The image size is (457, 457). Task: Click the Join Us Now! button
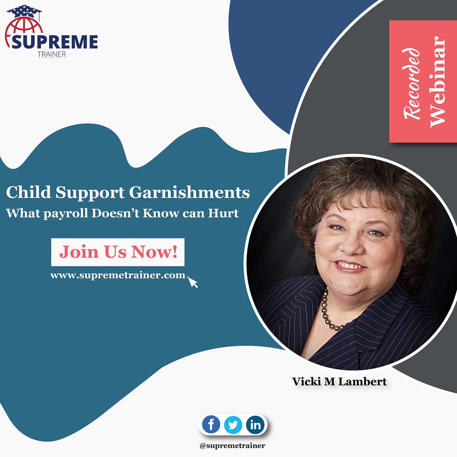(x=118, y=252)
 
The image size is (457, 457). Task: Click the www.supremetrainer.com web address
(x=117, y=275)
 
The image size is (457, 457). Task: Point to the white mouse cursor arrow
(x=193, y=283)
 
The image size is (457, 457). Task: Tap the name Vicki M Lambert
(x=339, y=381)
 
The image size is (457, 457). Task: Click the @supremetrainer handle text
(x=232, y=445)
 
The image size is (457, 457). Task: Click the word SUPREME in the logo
(x=54, y=42)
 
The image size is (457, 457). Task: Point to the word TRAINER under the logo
(x=52, y=54)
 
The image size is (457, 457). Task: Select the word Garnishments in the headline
(x=189, y=193)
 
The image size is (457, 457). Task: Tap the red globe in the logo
(x=23, y=30)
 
